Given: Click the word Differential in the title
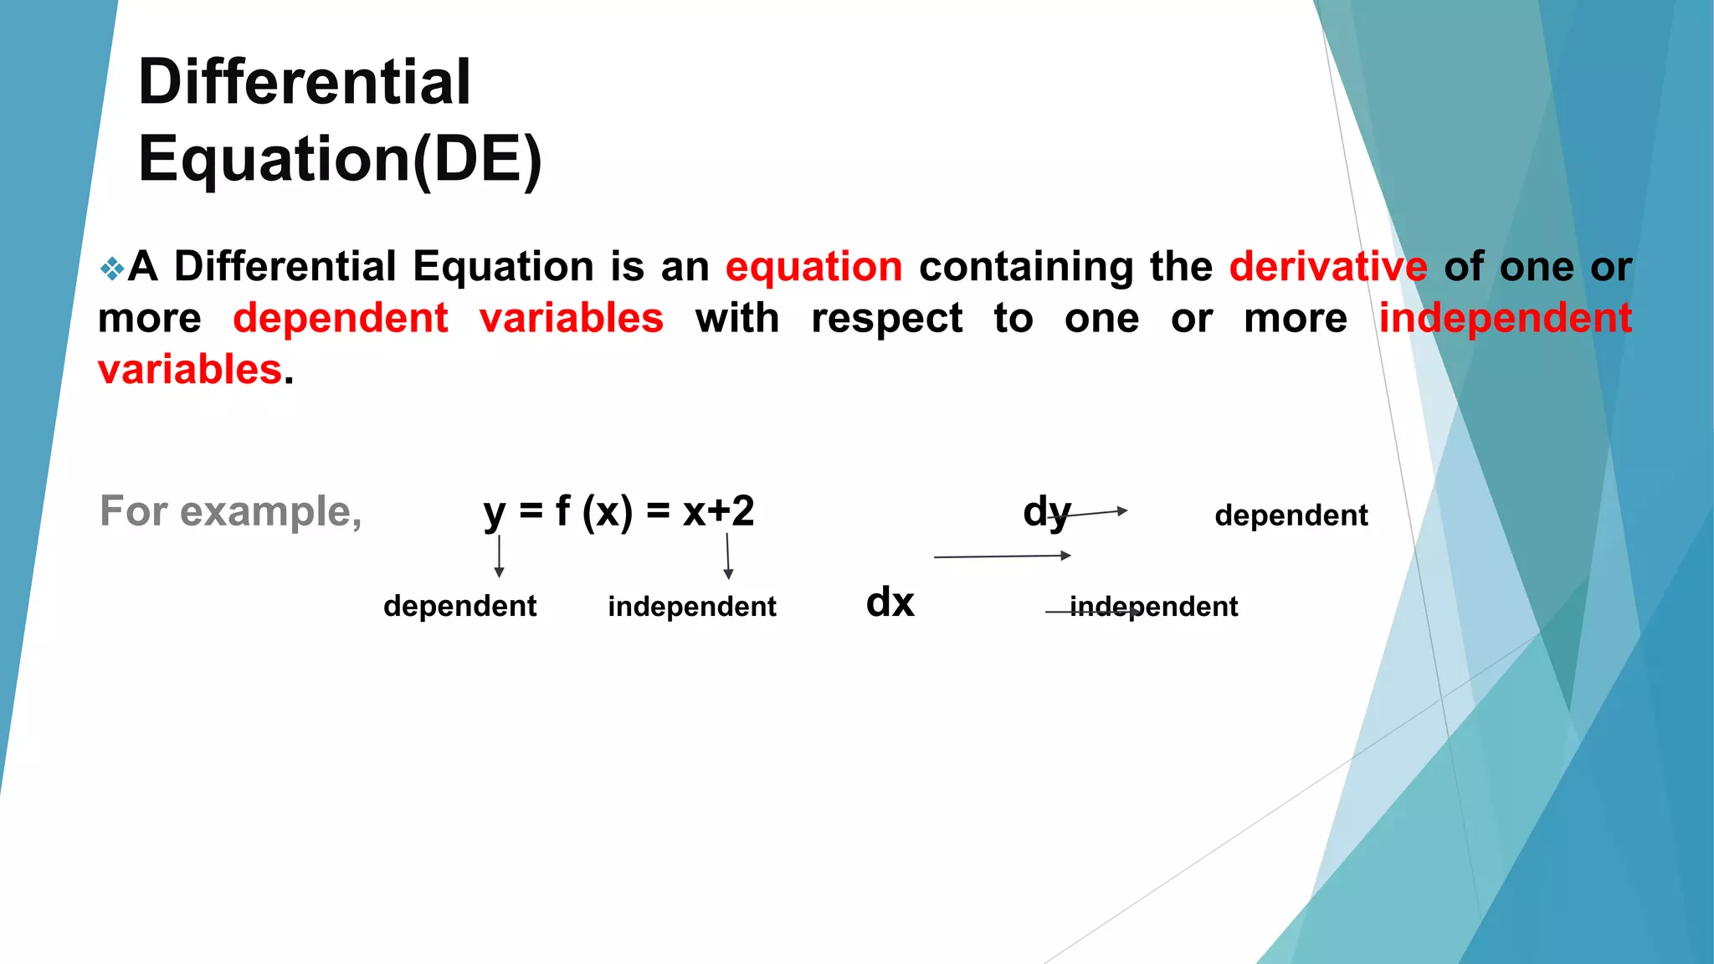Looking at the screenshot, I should point(305,82).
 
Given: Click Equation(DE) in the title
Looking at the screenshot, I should point(340,159).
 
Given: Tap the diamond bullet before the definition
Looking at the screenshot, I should point(111,269).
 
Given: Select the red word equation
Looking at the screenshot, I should point(813,267).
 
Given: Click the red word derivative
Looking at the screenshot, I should point(1328,267).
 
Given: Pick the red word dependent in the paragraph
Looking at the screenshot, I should point(341,319).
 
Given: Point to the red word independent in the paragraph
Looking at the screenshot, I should point(1505,319).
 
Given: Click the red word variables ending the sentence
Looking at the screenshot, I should point(190,370).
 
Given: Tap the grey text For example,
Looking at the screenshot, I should point(231,510).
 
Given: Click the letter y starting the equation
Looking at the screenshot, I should point(494,512).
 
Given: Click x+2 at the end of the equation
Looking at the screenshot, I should point(718,510).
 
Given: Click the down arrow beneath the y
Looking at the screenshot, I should point(500,556).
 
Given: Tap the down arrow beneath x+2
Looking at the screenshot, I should point(728,556).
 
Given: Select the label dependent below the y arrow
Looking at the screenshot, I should point(459,606).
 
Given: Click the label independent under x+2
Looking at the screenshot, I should point(692,606).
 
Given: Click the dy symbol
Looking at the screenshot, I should point(1046,511).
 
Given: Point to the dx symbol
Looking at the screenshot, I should point(890,602).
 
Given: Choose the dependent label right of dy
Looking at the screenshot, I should point(1291,515).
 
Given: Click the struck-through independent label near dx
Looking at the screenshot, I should point(1153,606).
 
